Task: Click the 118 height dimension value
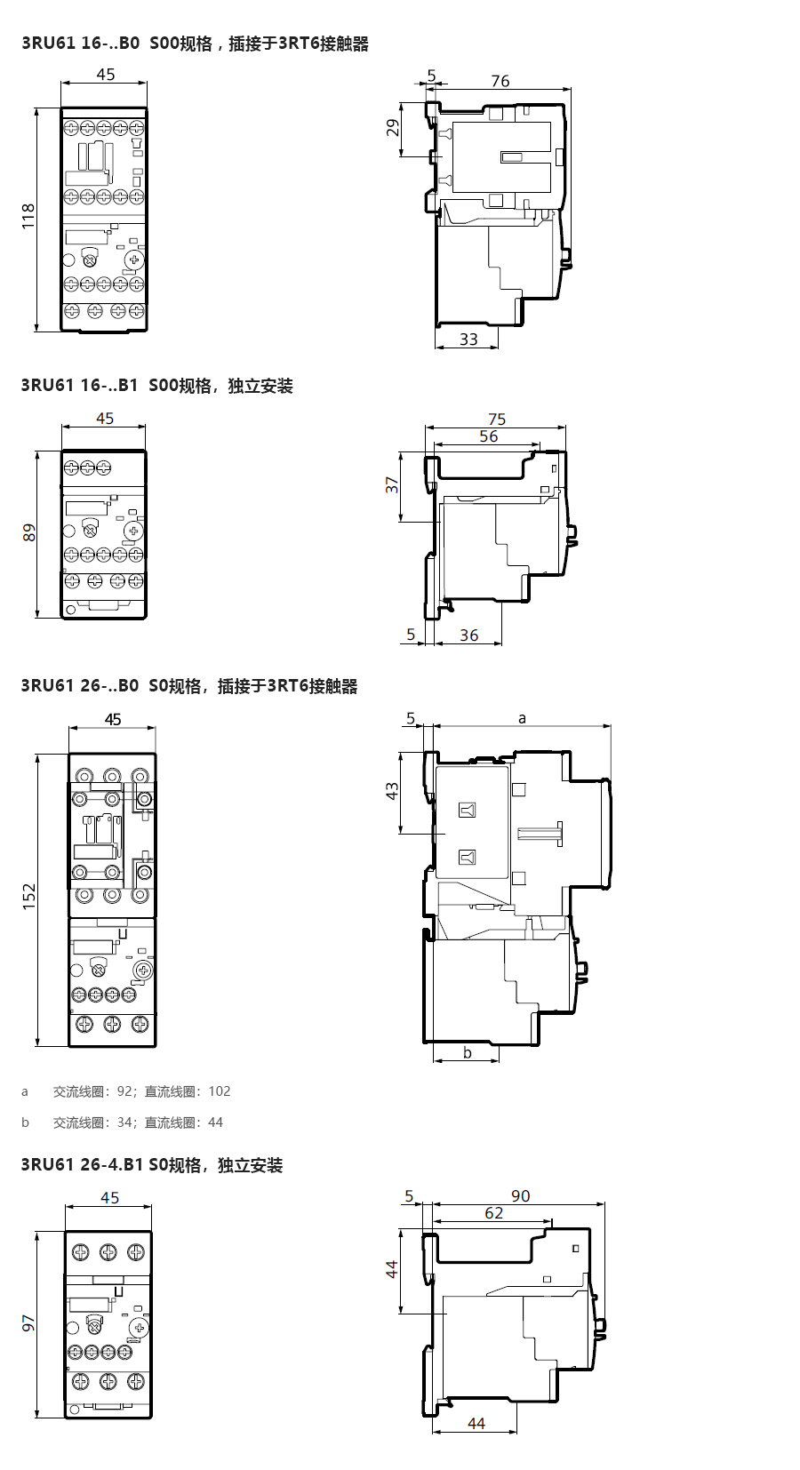point(28,216)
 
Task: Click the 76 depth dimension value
point(500,81)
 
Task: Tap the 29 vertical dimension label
point(393,127)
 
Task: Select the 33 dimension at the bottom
point(468,339)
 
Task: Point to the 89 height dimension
point(29,532)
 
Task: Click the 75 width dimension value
point(497,419)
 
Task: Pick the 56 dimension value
point(488,435)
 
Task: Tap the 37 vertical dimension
point(392,485)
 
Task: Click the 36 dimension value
point(468,635)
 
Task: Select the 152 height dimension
point(29,896)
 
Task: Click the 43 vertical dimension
point(392,790)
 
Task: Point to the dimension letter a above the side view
point(522,719)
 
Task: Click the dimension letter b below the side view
point(468,1052)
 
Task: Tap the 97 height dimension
point(28,1322)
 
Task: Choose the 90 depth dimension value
point(520,1195)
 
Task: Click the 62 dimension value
point(493,1213)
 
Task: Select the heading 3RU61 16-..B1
point(79,385)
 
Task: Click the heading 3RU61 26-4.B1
point(82,1165)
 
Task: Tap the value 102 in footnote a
point(220,1091)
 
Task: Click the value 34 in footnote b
point(124,1122)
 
